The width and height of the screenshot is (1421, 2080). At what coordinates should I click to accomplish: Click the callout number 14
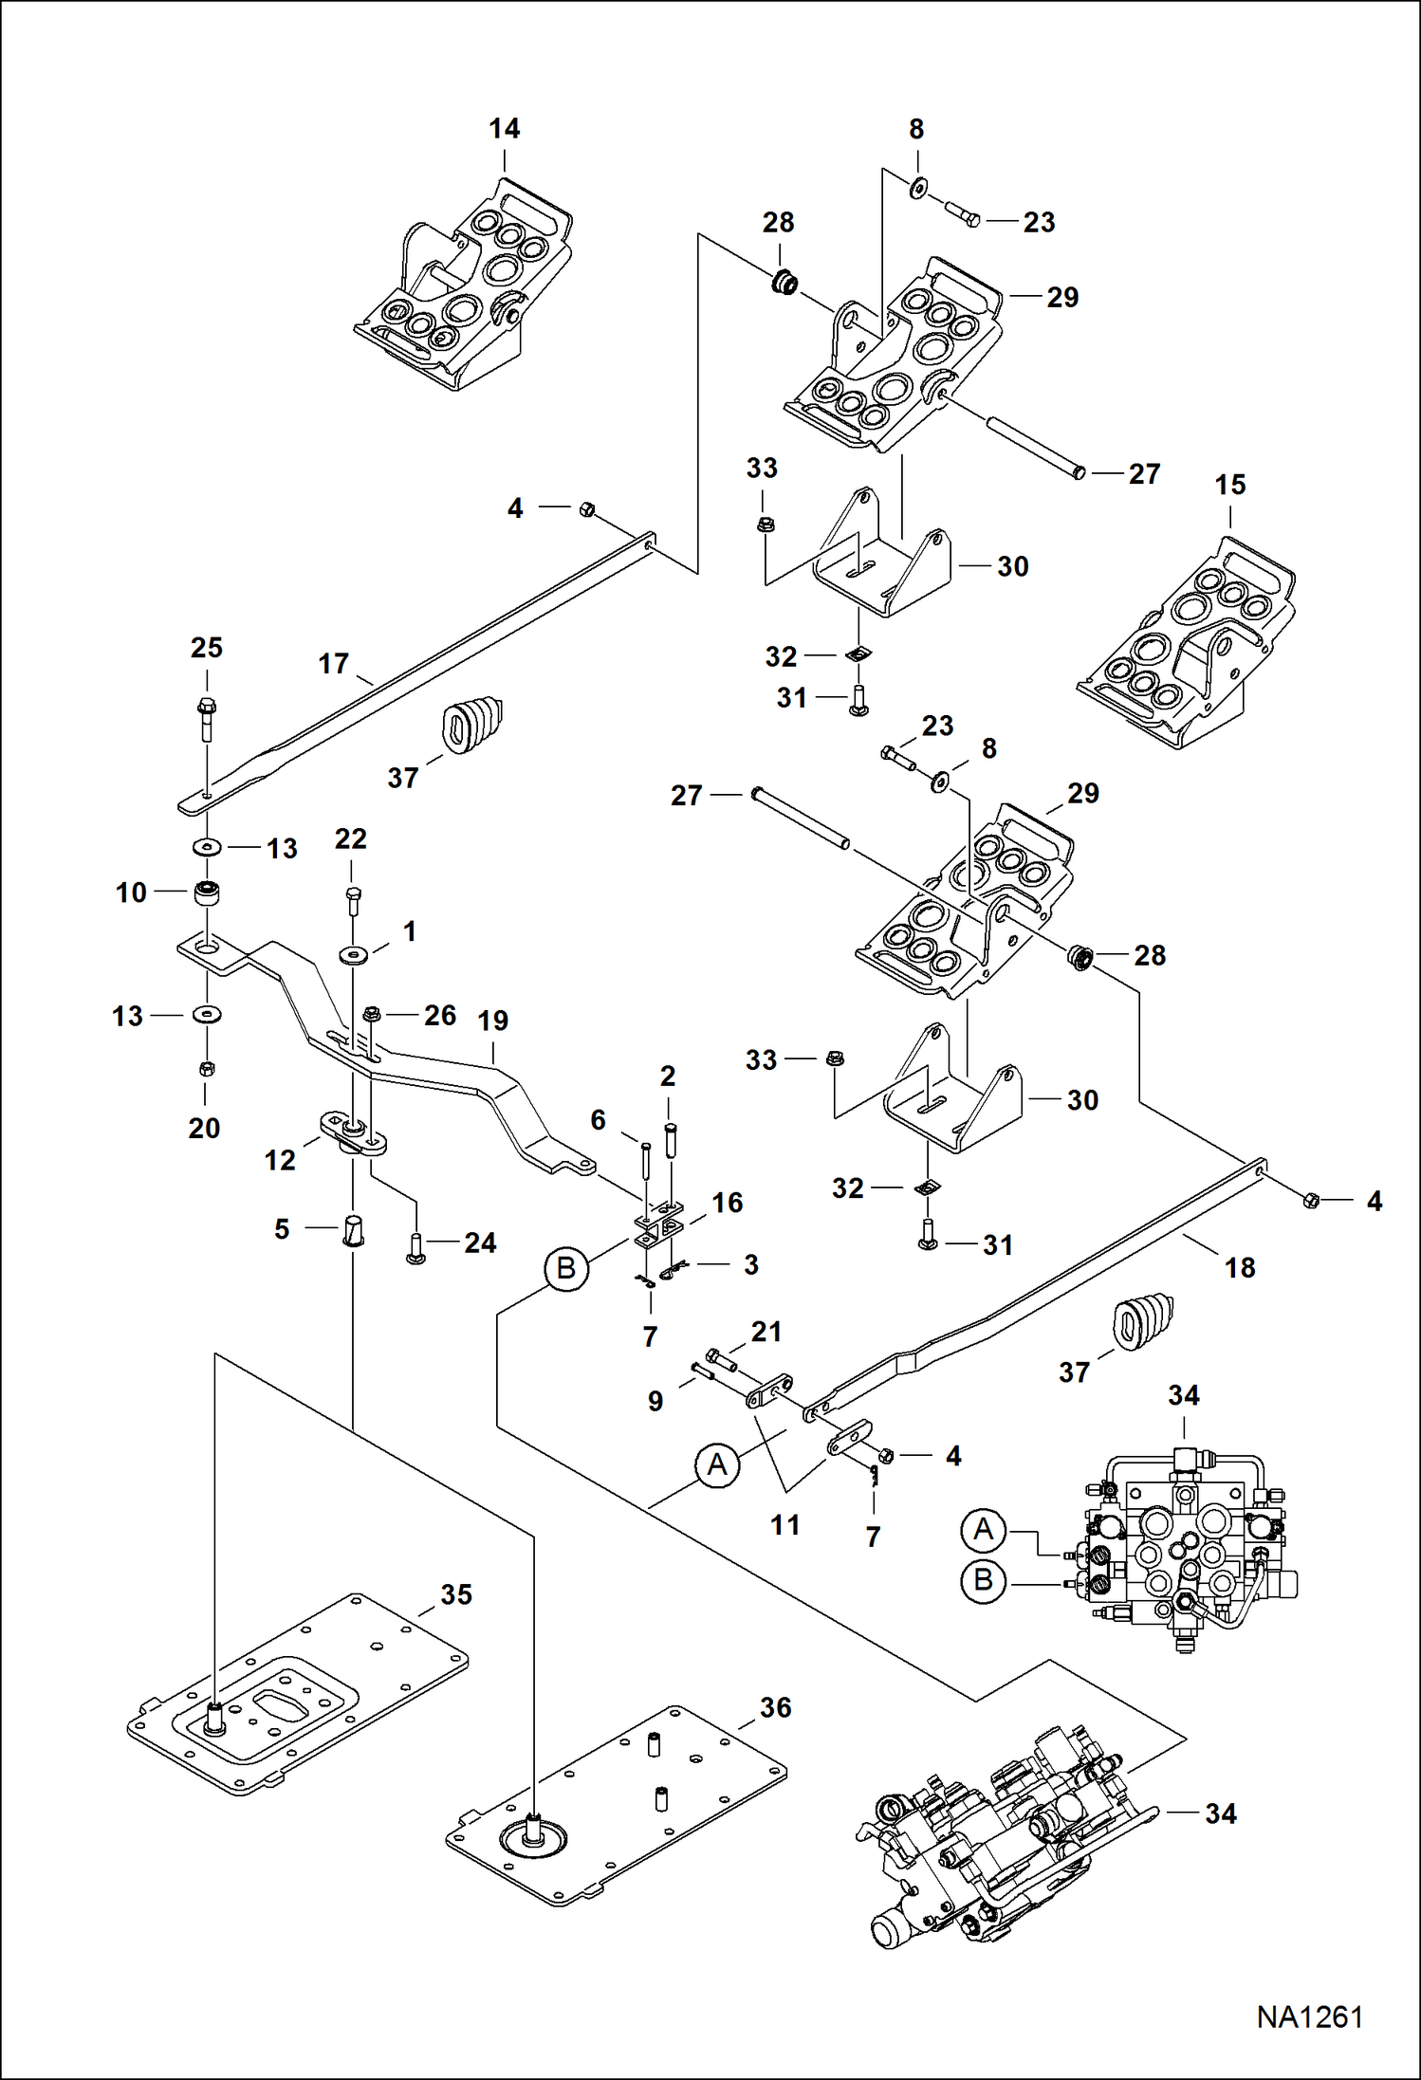coord(504,129)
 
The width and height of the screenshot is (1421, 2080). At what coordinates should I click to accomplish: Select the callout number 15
coord(1229,485)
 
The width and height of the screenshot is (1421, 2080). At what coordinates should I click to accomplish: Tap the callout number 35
coord(455,1594)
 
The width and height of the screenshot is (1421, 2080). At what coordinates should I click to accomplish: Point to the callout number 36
coord(775,1707)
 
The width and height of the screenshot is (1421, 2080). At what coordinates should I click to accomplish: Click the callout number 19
coord(492,1021)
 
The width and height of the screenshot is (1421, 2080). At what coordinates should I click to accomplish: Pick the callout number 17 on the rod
coord(333,663)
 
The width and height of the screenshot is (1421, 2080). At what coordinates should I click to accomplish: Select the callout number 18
coord(1239,1267)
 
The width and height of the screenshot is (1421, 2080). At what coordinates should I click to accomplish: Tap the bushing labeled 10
coord(206,893)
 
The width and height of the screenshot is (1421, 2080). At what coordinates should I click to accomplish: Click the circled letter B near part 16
coord(566,1267)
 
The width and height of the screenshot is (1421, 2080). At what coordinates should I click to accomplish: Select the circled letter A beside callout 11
coord(717,1464)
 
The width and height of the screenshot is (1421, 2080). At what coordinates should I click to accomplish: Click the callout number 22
coord(350,838)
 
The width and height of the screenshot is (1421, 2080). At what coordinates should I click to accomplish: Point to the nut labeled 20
coord(207,1069)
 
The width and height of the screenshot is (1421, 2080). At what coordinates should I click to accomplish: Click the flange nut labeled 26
coord(372,1015)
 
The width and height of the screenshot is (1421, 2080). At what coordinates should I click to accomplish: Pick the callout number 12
coord(280,1159)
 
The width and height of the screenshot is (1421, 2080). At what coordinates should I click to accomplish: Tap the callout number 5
coord(282,1229)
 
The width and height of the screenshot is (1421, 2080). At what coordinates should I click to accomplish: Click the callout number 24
coord(480,1242)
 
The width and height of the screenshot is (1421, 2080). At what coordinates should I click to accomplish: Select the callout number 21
coord(766,1332)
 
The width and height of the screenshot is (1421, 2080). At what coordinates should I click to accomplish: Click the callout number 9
coord(655,1401)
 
